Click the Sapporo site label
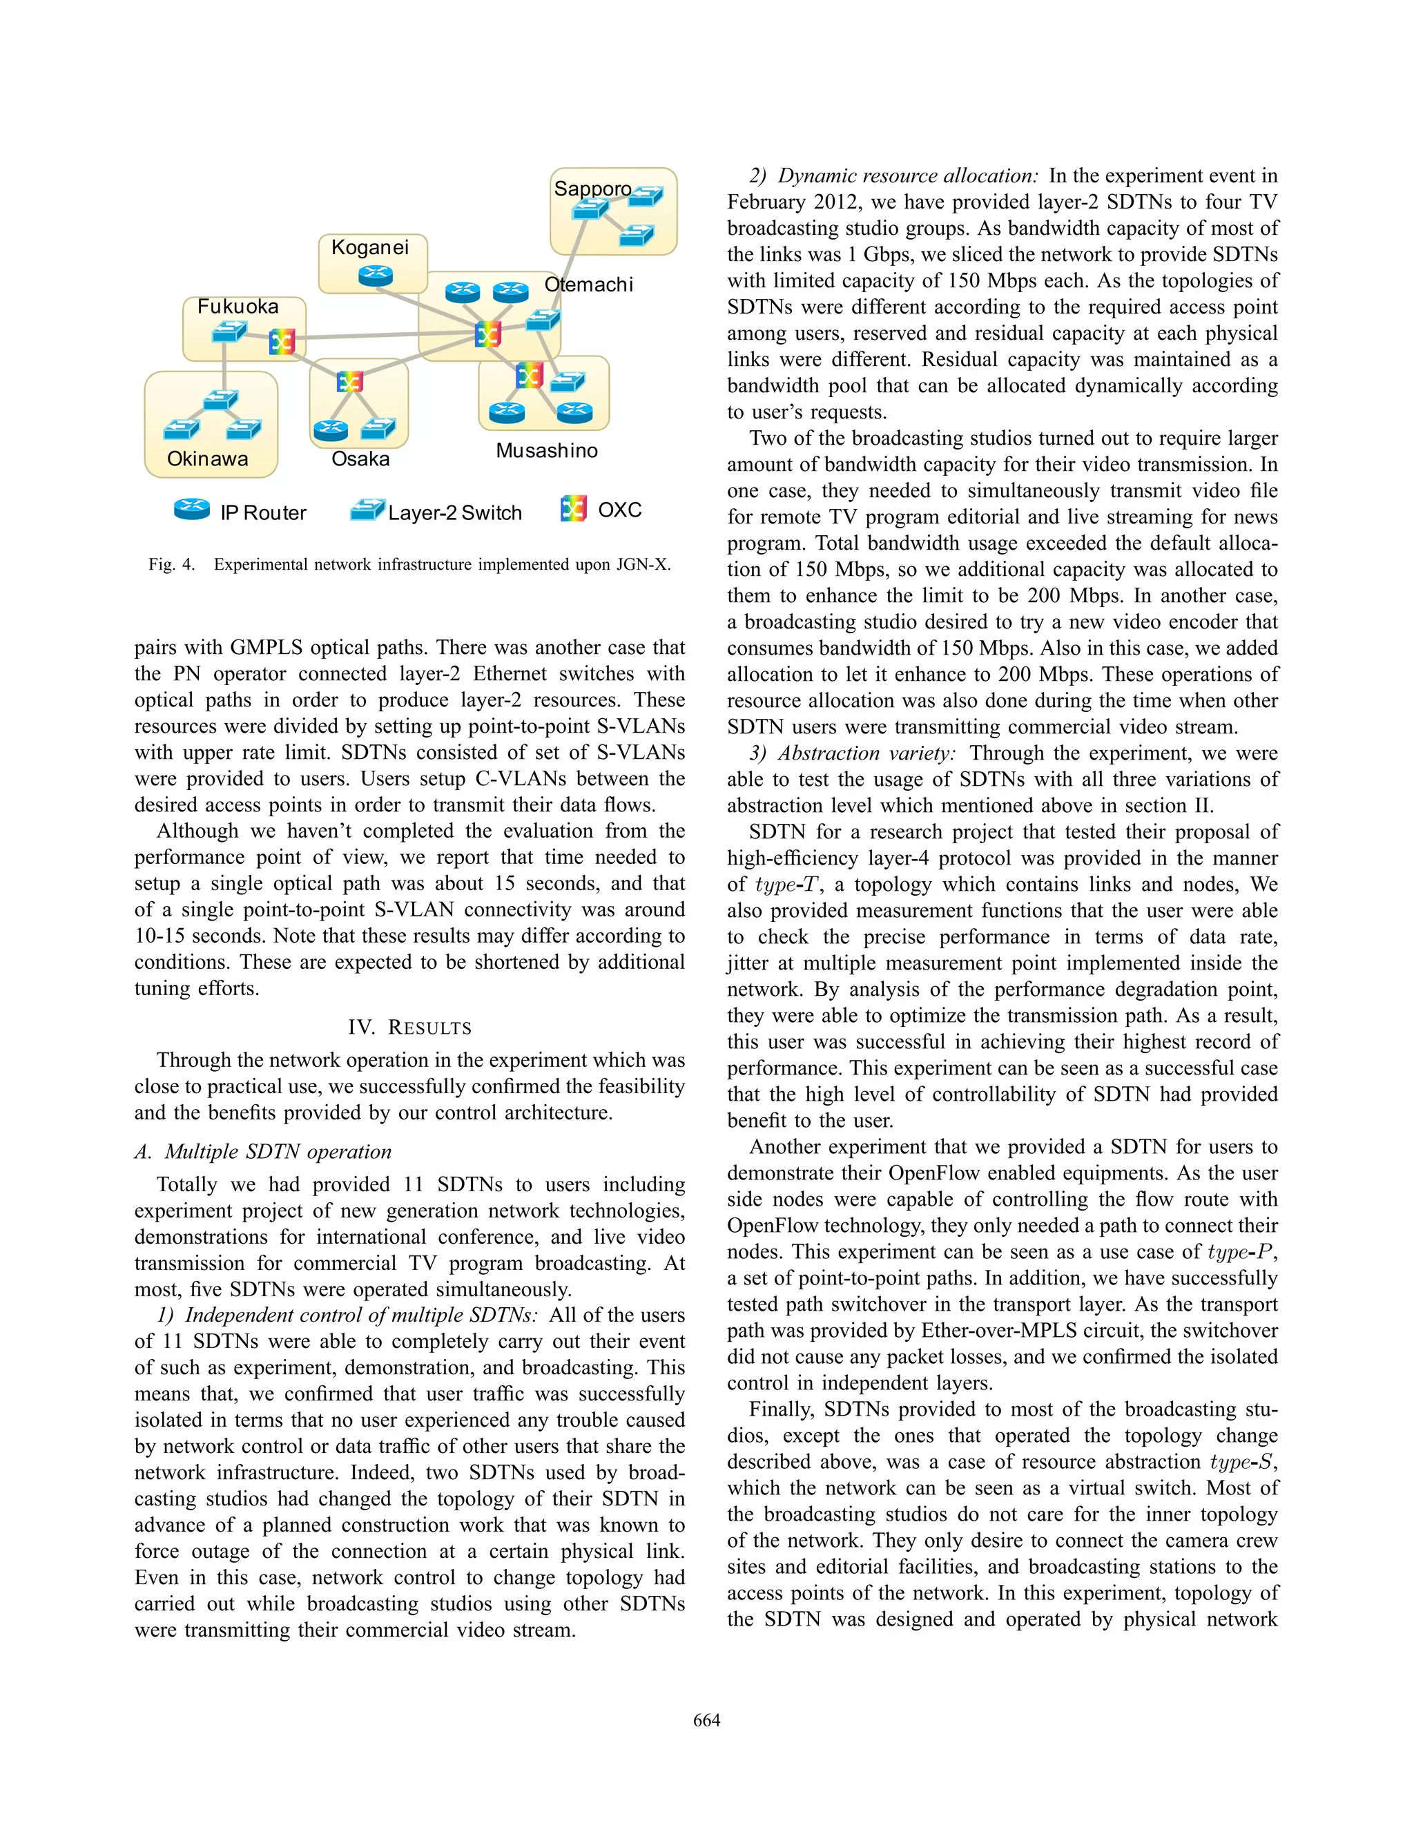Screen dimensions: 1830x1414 coord(592,189)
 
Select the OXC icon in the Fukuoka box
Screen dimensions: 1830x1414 coord(282,341)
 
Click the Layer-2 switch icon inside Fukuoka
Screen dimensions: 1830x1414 coord(228,333)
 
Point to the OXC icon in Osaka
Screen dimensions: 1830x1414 coord(349,382)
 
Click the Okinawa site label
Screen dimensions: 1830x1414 coord(207,459)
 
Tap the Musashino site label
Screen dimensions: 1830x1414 coord(546,450)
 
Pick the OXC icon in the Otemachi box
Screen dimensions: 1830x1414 coord(487,334)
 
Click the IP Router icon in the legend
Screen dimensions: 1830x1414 coord(192,509)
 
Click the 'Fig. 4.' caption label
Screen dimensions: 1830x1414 coord(171,564)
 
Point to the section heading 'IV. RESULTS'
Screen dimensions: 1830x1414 coord(409,1028)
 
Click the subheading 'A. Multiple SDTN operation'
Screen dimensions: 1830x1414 coord(262,1151)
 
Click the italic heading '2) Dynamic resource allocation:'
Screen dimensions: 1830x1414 coord(894,176)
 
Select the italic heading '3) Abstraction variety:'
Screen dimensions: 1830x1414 coord(852,753)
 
